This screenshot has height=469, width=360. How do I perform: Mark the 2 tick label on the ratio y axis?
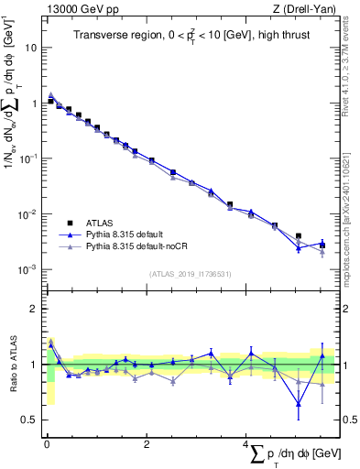pos(34,309)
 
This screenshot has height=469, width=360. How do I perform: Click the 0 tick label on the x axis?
pos(47,445)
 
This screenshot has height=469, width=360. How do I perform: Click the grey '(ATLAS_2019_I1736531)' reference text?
pos(190,273)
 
